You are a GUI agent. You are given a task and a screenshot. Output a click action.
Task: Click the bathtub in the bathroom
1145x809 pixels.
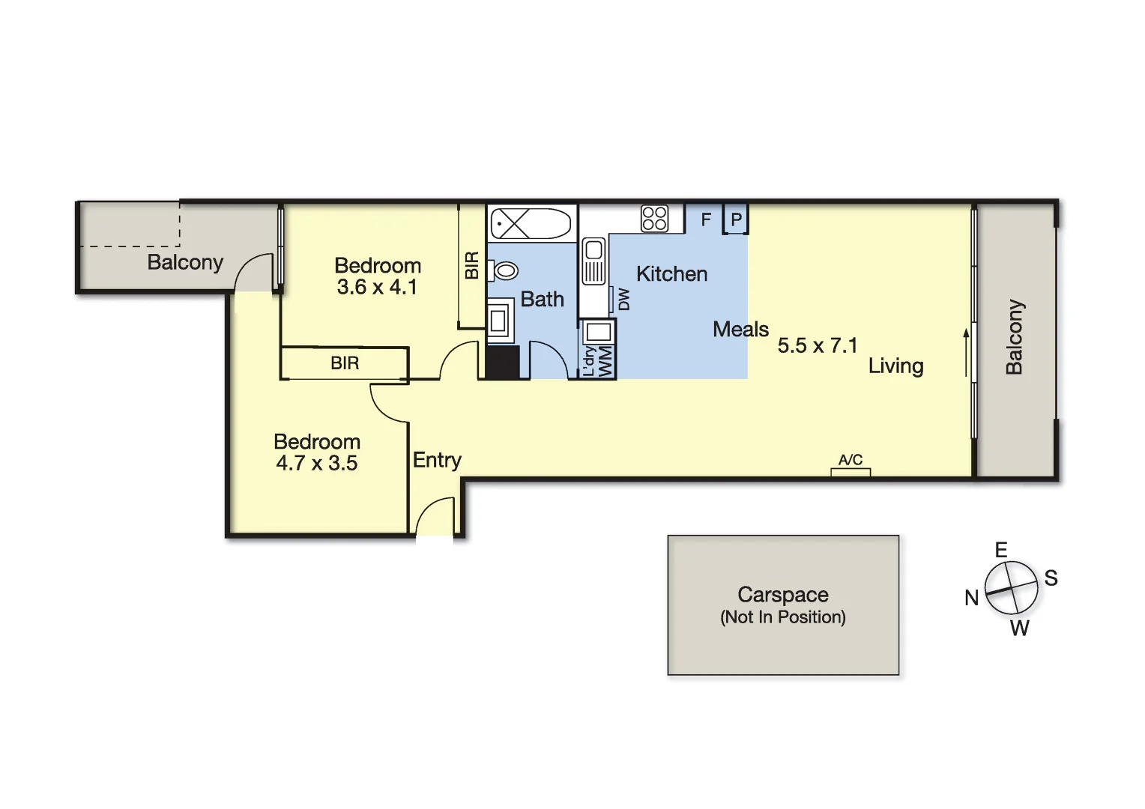(x=531, y=224)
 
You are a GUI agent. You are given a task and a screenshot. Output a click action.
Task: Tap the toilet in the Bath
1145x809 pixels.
(x=504, y=270)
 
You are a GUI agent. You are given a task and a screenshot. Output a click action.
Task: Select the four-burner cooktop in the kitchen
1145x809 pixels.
(x=654, y=219)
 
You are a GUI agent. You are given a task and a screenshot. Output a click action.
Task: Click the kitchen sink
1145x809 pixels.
(x=593, y=261)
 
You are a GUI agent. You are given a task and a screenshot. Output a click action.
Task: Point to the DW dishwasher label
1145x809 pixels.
(x=623, y=300)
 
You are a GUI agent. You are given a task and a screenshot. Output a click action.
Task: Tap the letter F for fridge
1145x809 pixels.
(x=706, y=219)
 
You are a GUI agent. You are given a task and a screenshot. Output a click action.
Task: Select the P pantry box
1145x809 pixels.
(x=736, y=219)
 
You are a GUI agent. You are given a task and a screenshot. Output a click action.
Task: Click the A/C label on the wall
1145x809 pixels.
(x=851, y=460)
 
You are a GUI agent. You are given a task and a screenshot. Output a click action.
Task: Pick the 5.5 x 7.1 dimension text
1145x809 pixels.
(x=817, y=345)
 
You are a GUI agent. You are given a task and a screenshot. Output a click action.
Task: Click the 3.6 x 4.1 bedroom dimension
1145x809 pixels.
(x=377, y=287)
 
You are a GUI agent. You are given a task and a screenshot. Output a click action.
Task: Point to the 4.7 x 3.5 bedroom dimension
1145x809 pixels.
(x=316, y=463)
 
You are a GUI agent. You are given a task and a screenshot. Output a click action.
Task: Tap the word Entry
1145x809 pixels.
(x=437, y=460)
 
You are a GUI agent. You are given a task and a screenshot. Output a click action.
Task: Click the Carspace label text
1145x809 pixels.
(x=783, y=595)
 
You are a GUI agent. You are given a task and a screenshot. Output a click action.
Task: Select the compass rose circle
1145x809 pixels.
(x=1011, y=589)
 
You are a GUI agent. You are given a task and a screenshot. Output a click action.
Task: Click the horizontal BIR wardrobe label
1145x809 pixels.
(x=345, y=363)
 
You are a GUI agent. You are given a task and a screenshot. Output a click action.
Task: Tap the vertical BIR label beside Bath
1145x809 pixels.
(x=472, y=265)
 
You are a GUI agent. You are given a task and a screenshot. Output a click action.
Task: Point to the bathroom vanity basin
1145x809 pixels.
(x=498, y=321)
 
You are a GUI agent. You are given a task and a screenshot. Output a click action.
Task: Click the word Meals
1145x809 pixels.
(x=740, y=330)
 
